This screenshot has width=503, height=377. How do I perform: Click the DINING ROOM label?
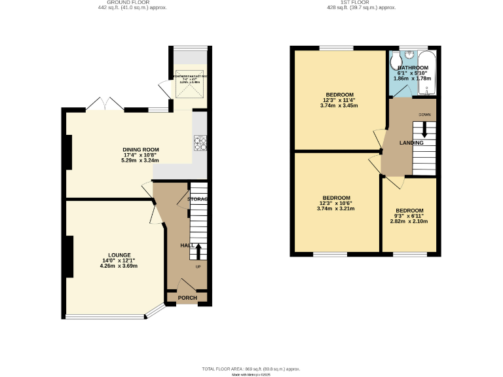141,150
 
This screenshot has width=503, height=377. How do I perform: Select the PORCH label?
187,298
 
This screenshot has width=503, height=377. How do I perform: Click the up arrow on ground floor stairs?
198,249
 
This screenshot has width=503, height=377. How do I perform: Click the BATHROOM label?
413,67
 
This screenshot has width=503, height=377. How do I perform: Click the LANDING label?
411,143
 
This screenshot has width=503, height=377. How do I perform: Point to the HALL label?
187,245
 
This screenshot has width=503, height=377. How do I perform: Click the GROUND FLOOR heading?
132,3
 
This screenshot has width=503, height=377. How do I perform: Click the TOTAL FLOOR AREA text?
251,369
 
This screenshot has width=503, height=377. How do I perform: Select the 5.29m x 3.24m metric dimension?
141,161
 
